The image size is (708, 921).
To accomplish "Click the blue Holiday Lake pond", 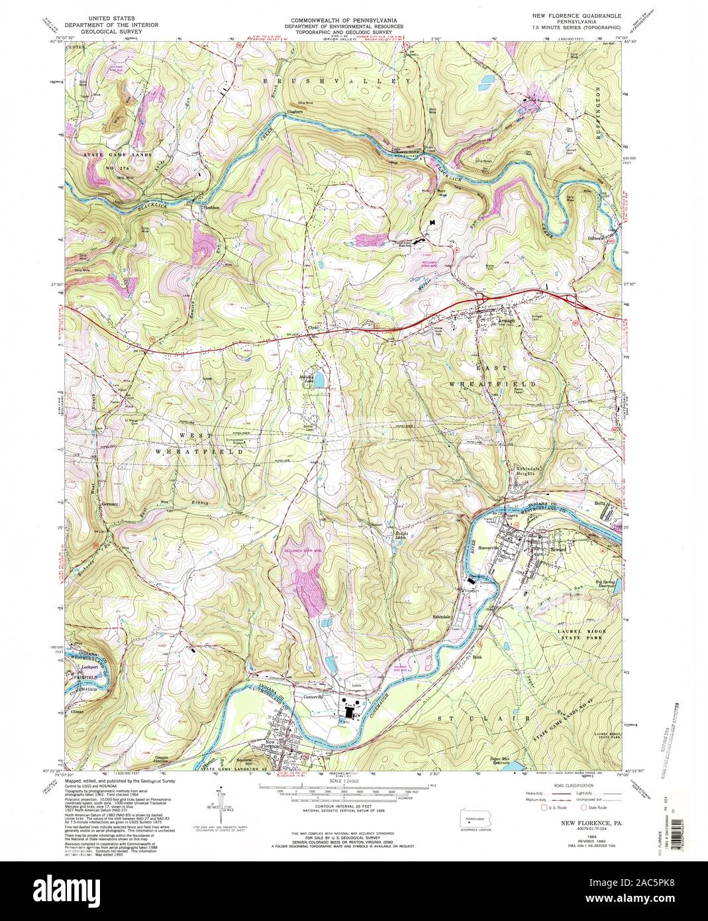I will point(319,380).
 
